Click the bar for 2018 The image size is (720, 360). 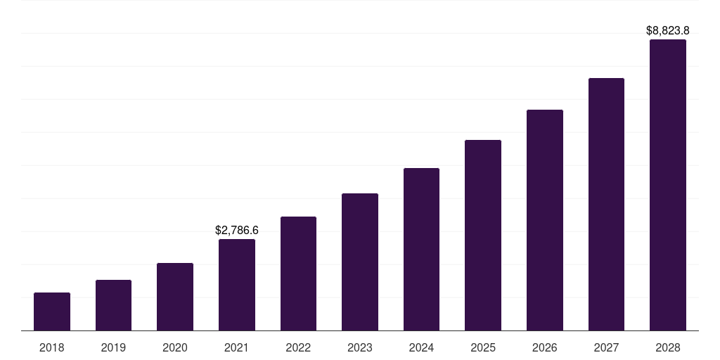[x=52, y=311]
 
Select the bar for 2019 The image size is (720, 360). [x=113, y=305]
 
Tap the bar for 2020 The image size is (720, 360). [x=175, y=297]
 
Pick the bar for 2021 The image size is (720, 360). [x=237, y=285]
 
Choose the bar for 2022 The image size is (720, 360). [x=298, y=274]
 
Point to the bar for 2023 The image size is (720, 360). [x=360, y=262]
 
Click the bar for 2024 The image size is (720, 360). [x=421, y=249]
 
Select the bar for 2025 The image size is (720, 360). [x=483, y=235]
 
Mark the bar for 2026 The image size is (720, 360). [x=545, y=220]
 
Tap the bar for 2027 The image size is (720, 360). [x=606, y=204]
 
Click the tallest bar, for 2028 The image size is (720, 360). [x=668, y=185]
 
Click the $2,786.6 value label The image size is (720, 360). [x=237, y=230]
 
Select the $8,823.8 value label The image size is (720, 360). [x=668, y=30]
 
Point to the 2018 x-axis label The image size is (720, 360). [x=52, y=347]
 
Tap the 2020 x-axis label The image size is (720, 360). [x=175, y=347]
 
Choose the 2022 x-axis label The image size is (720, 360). [x=298, y=347]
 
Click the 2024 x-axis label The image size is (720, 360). [x=421, y=347]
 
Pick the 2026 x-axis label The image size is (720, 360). [x=545, y=347]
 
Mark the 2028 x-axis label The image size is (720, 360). [x=668, y=347]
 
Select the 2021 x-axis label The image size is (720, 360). [x=237, y=347]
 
